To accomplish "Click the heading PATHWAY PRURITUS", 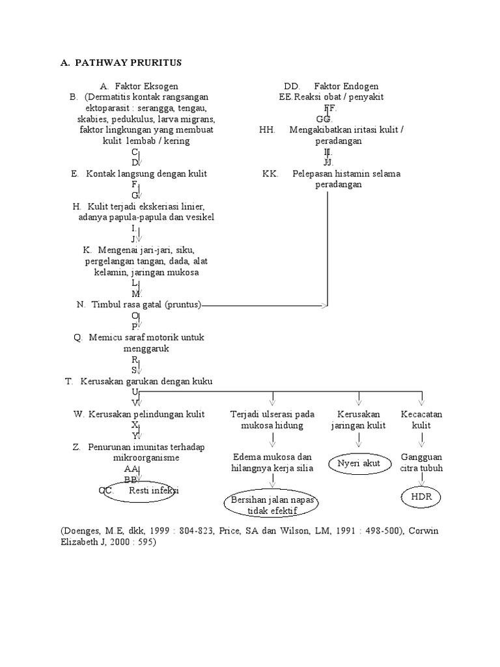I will (x=128, y=63).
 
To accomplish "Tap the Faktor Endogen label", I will (x=346, y=86).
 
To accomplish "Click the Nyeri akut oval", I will (x=359, y=464).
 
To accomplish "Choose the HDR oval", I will (x=421, y=497).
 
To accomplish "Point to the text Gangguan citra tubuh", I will (x=421, y=462).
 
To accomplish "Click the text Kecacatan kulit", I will (x=422, y=419).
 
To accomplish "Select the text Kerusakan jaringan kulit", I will (x=359, y=419).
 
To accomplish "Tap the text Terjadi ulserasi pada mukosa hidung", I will (x=272, y=419).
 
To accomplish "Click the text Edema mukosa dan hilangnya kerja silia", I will (x=272, y=462).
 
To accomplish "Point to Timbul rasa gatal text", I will (x=146, y=304).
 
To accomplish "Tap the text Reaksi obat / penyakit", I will (x=339, y=97).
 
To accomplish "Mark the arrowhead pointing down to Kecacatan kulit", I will (x=421, y=401).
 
